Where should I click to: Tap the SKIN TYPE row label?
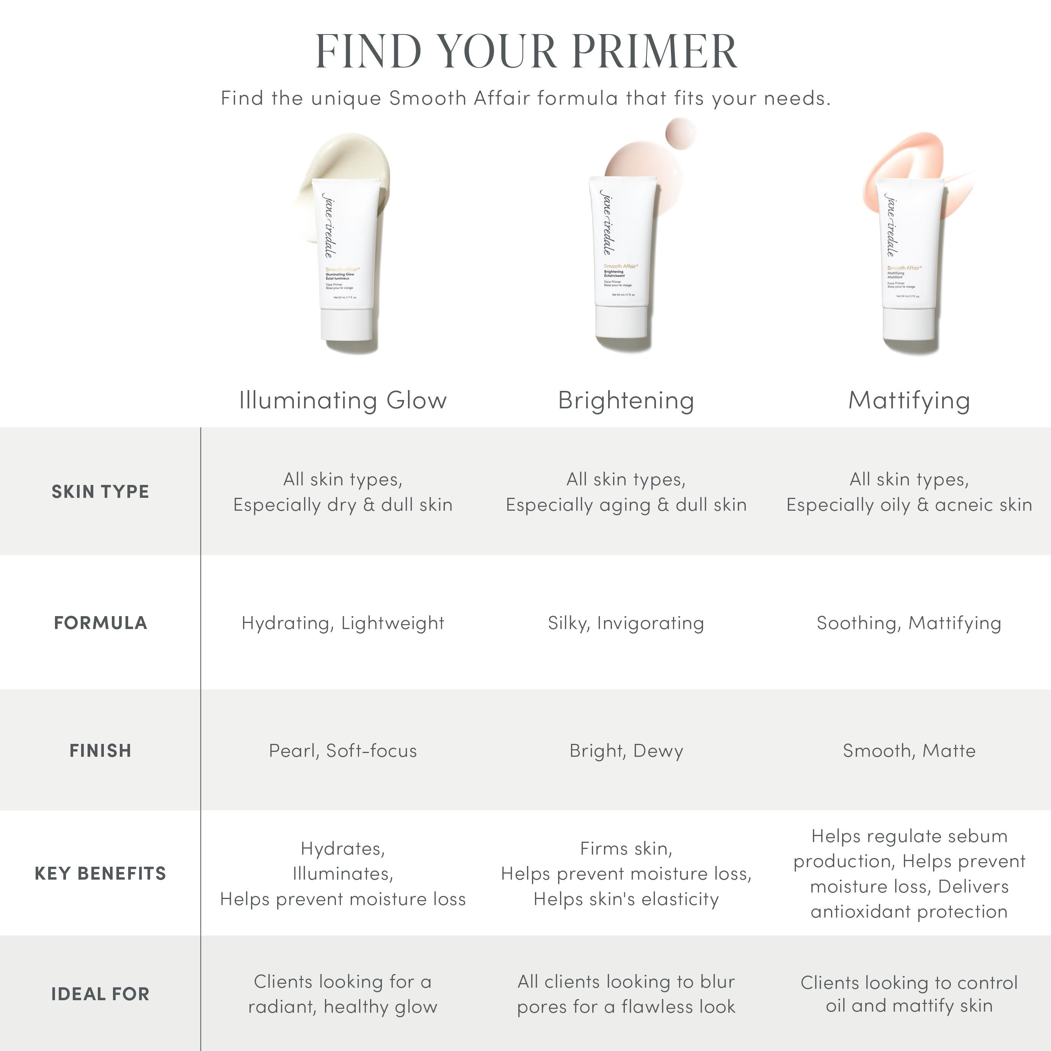(x=100, y=491)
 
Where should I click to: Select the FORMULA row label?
(x=100, y=622)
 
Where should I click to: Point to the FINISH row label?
(x=100, y=750)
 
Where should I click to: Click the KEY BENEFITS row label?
(x=100, y=873)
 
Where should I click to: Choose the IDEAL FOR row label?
(x=100, y=994)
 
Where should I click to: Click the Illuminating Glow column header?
(x=343, y=400)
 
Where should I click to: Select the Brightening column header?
(x=626, y=400)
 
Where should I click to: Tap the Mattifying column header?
(x=909, y=400)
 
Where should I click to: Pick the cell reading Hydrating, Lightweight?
(x=343, y=622)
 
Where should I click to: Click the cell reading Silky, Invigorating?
(x=626, y=622)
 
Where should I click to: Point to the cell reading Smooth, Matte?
(x=909, y=750)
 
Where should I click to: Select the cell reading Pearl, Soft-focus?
(x=343, y=750)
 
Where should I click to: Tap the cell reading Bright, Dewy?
(x=626, y=750)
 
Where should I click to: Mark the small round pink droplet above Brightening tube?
(x=681, y=133)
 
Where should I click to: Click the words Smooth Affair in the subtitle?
(x=459, y=98)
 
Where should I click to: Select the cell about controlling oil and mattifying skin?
(x=909, y=994)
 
